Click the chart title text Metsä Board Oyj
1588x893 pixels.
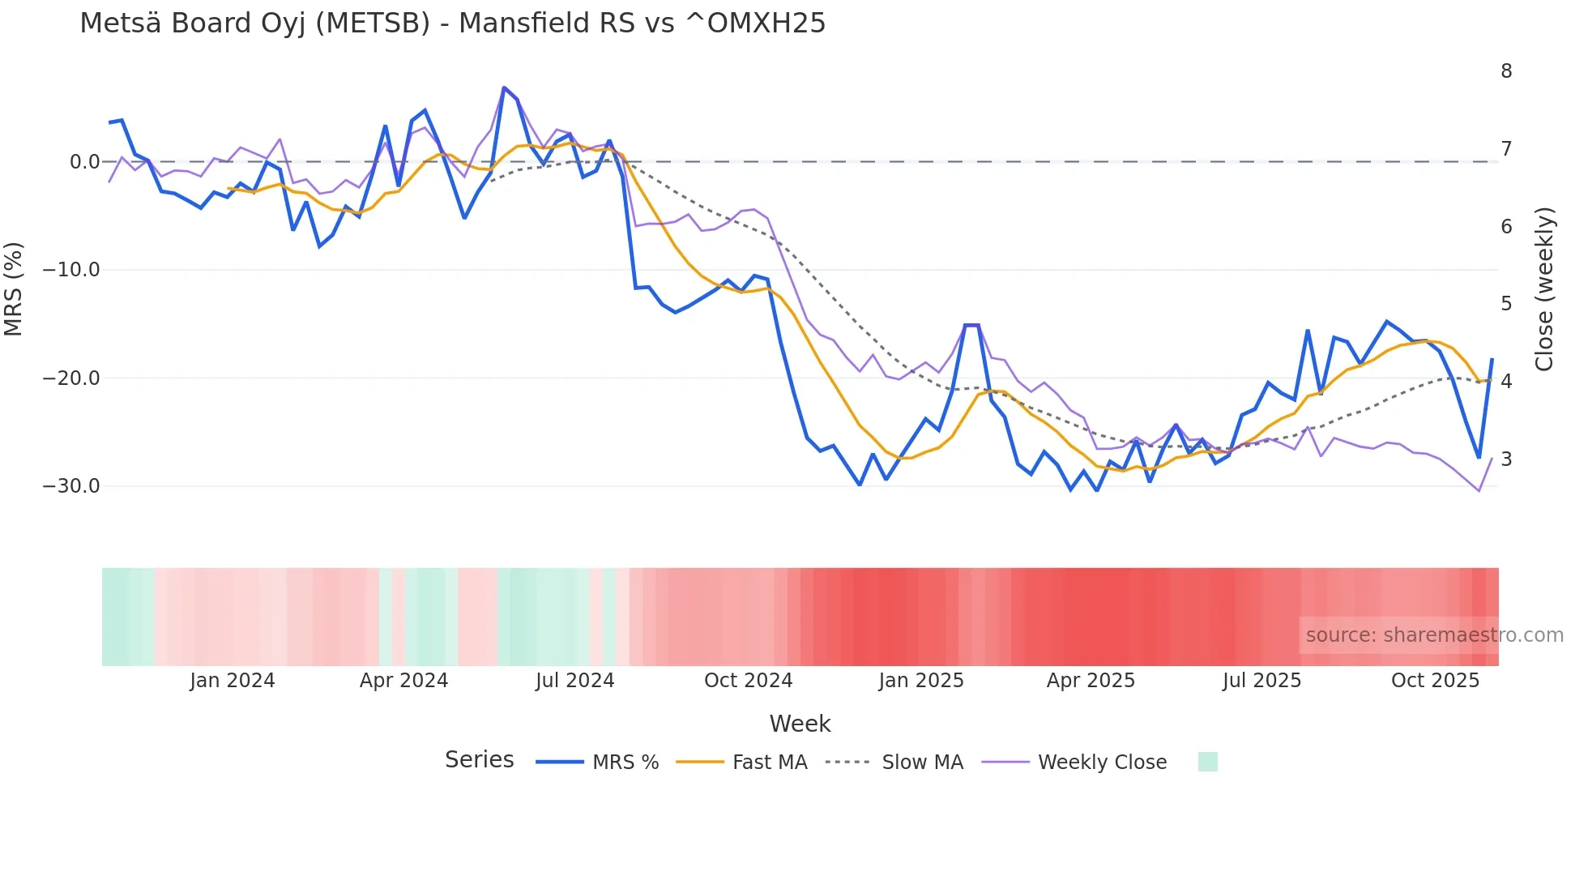452,23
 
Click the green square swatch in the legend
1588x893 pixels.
1207,762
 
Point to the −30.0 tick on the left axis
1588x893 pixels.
71,486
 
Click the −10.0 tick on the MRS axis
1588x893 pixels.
71,270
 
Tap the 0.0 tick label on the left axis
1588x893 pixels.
84,162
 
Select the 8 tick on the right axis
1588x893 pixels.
1506,71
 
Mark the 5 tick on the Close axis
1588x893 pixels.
1506,304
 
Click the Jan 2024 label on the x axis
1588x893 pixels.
233,681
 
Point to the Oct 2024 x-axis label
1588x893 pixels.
748,681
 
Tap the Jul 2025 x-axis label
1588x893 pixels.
1261,681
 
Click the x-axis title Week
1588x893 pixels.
800,724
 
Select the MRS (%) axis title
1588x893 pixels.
14,288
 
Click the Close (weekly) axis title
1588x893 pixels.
1544,289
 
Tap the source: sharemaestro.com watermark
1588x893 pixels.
1434,635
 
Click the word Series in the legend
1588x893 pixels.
479,760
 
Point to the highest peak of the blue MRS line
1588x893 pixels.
504,88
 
